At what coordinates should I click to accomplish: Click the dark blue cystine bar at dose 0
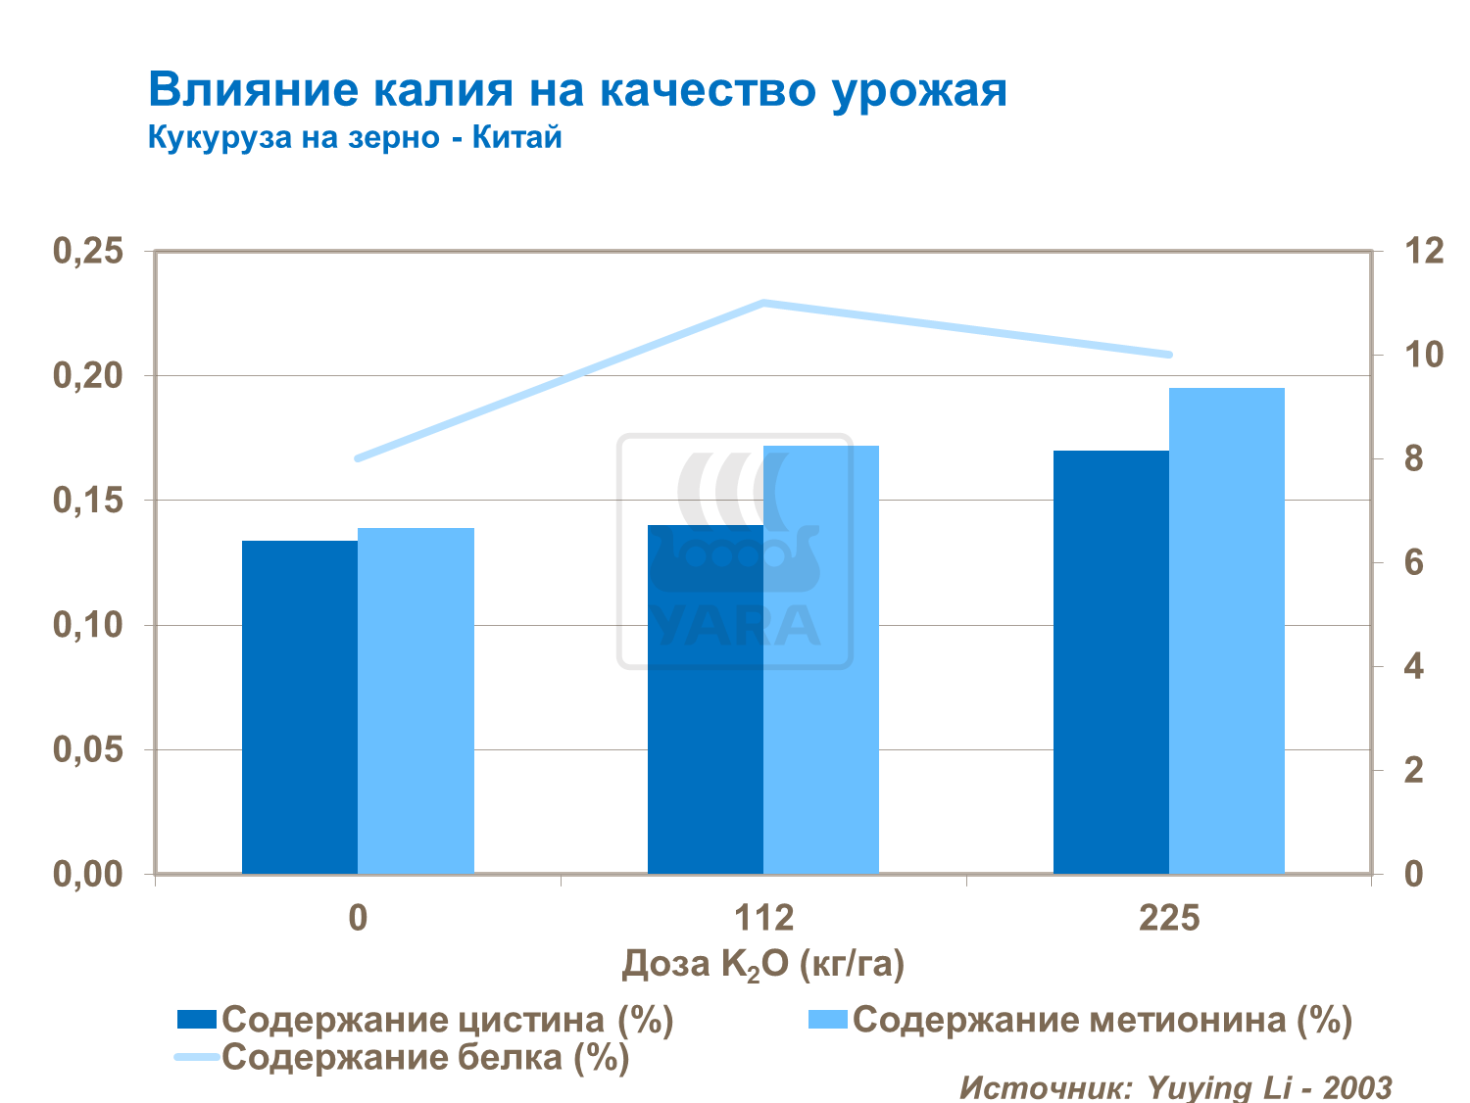[x=300, y=706]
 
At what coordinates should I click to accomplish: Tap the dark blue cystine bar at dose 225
[x=1111, y=662]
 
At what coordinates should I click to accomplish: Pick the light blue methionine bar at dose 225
[x=1227, y=631]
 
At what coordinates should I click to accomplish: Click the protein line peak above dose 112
[x=763, y=303]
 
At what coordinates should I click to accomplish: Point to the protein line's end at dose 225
[x=1168, y=355]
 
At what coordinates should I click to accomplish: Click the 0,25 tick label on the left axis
[x=88, y=252]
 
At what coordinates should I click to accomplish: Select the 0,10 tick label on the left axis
[x=88, y=625]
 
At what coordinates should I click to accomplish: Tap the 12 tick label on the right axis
[x=1424, y=252]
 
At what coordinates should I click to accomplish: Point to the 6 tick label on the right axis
[x=1413, y=562]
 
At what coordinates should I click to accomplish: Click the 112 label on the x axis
[x=763, y=919]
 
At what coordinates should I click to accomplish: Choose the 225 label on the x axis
[x=1169, y=919]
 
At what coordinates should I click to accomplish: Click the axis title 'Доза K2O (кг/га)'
[x=763, y=965]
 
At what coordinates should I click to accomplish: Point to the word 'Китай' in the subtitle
[x=517, y=137]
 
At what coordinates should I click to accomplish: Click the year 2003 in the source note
[x=1357, y=1087]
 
